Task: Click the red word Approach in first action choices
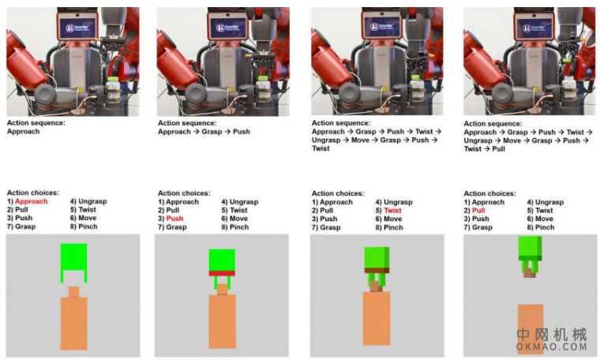pos(32,201)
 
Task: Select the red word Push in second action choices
pos(174,219)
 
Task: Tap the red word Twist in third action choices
pos(392,211)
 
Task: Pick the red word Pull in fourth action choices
pos(478,211)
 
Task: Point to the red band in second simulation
pos(222,273)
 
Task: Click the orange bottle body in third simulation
pos(377,317)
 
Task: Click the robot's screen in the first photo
pos(78,27)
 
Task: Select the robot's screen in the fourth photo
pos(534,27)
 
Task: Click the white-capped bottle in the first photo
pos(112,90)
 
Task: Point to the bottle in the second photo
pos(262,89)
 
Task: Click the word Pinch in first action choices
pos(88,227)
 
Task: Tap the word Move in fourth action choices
pos(544,219)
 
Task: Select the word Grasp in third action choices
pos(330,227)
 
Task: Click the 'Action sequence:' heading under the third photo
pos(341,123)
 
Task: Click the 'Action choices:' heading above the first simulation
pos(33,193)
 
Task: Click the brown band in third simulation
pos(377,271)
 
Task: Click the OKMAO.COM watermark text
pos(551,347)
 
